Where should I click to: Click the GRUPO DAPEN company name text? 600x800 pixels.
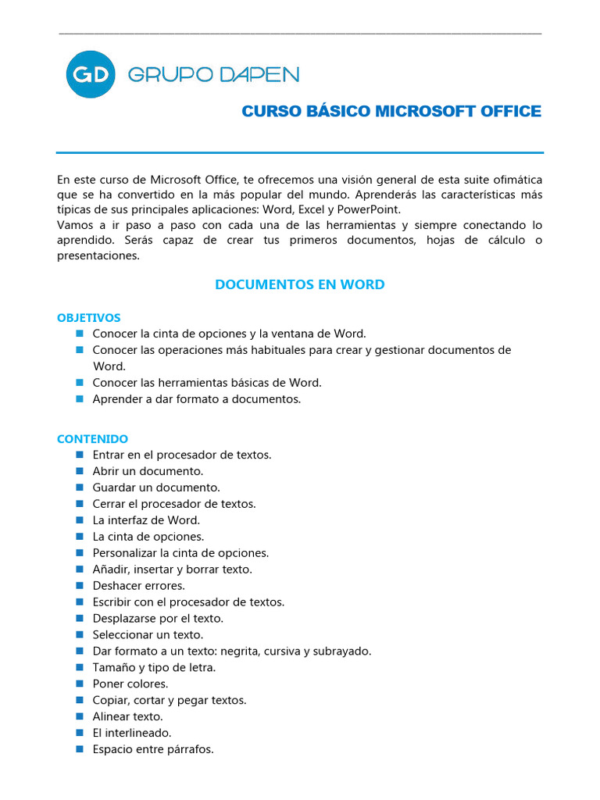[x=212, y=74]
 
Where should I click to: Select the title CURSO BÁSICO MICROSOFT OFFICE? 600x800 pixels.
[x=391, y=112]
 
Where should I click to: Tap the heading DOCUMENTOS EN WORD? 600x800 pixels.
[x=299, y=284]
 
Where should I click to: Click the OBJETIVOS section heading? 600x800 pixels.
[x=89, y=318]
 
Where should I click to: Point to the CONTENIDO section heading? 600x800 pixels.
[x=92, y=439]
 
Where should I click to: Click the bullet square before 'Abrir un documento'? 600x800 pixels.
[x=80, y=471]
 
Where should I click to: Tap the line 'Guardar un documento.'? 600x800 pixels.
[x=156, y=487]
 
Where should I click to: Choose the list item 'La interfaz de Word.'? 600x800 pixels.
[x=146, y=520]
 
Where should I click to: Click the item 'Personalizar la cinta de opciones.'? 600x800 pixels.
[x=180, y=553]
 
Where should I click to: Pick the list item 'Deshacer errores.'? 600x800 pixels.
[x=138, y=586]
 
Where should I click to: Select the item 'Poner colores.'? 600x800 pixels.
[x=130, y=684]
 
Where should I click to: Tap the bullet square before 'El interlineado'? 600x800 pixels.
[x=80, y=733]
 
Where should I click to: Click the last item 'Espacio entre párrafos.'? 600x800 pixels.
[x=152, y=749]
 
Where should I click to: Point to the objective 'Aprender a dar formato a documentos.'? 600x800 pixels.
[x=196, y=399]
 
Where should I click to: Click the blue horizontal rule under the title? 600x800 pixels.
[x=299, y=152]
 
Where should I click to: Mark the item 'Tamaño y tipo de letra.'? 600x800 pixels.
[x=154, y=667]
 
